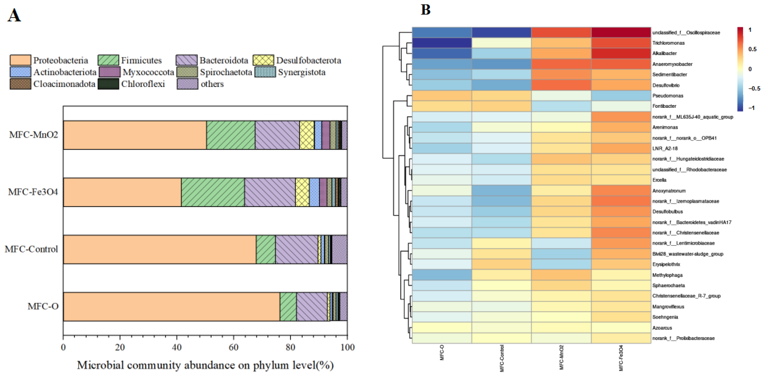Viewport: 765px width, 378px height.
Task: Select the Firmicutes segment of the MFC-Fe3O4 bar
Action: click(x=213, y=192)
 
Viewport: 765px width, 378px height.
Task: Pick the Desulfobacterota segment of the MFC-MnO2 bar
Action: click(x=306, y=135)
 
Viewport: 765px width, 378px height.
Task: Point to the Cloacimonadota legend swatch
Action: click(x=20, y=84)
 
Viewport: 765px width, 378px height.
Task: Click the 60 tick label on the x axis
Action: click(x=234, y=347)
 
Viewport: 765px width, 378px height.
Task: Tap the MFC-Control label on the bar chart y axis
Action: click(x=31, y=249)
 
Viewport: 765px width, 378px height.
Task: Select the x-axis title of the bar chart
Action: click(x=205, y=365)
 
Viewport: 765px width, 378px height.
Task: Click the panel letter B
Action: click(x=425, y=10)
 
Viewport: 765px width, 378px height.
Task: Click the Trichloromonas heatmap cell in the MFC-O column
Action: click(x=442, y=43)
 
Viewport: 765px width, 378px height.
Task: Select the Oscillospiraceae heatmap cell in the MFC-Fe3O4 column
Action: click(x=621, y=32)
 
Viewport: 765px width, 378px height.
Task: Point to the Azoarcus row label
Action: click(x=662, y=328)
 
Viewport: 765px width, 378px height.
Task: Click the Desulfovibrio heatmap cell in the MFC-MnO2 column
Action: click(x=561, y=85)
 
